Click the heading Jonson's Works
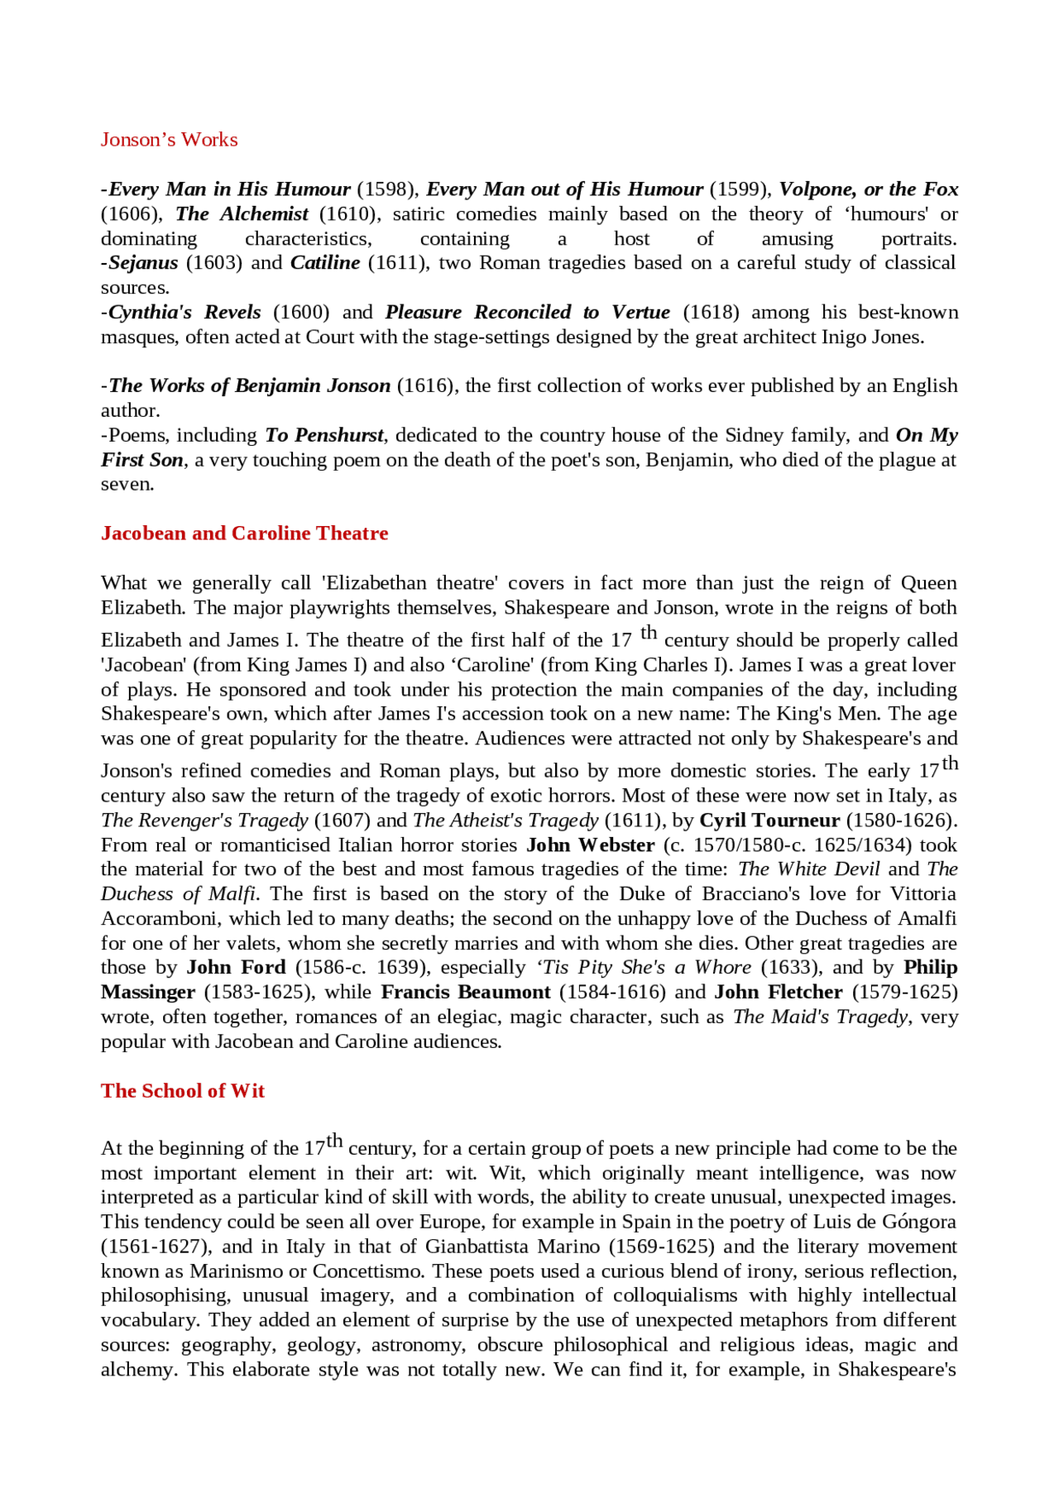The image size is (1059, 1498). pyautogui.click(x=169, y=140)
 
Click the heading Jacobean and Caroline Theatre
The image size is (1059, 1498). pyautogui.click(x=244, y=534)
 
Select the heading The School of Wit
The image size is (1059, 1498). pyautogui.click(x=182, y=1091)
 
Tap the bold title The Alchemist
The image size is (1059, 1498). pyautogui.click(x=242, y=214)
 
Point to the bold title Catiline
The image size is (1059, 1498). pyautogui.click(x=325, y=263)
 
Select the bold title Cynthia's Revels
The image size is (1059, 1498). pyautogui.click(x=184, y=313)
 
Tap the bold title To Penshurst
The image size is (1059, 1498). pyautogui.click(x=323, y=436)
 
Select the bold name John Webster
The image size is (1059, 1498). pyautogui.click(x=590, y=845)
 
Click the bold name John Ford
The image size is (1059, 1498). pyautogui.click(x=236, y=968)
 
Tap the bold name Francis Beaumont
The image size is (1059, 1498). pyautogui.click(x=466, y=993)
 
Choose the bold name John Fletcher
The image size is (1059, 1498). pyautogui.click(x=778, y=993)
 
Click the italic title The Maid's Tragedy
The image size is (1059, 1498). pyautogui.click(x=820, y=1017)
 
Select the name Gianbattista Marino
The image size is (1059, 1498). pyautogui.click(x=513, y=1247)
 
